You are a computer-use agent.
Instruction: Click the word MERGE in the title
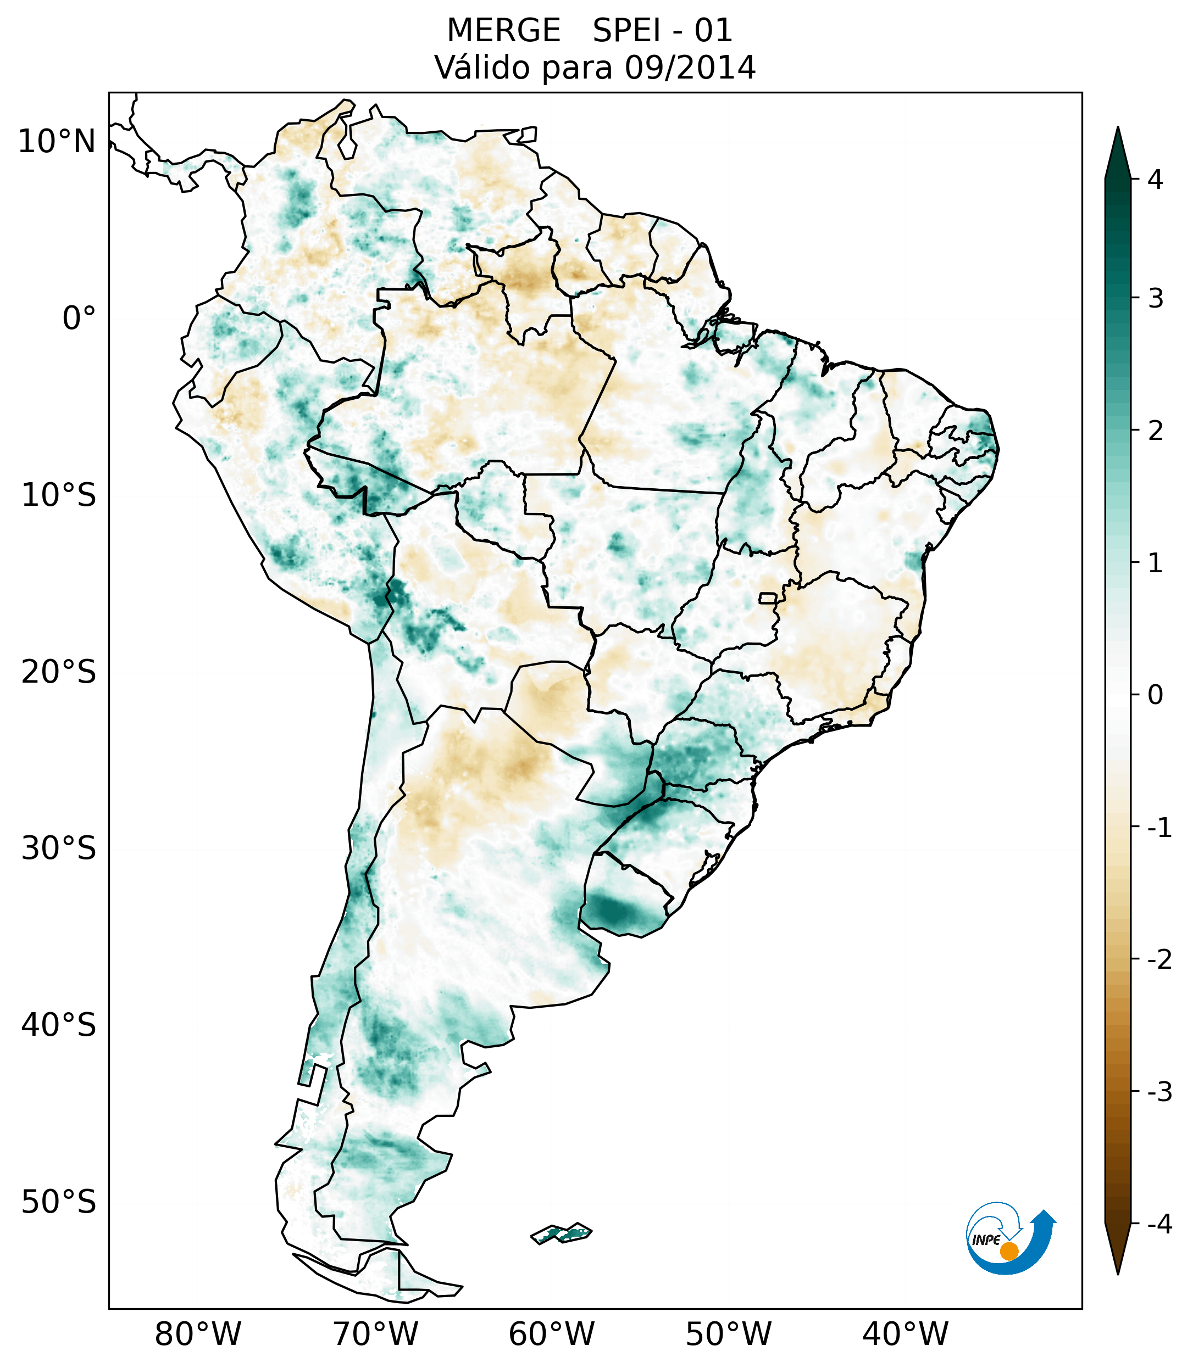click(503, 31)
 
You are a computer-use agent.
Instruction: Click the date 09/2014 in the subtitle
click(690, 68)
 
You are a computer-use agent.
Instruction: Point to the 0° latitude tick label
click(79, 319)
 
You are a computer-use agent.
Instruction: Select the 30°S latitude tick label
click(59, 848)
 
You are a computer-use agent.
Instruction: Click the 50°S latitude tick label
click(59, 1203)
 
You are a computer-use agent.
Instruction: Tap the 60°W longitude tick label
click(551, 1335)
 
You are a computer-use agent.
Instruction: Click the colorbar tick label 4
click(1155, 180)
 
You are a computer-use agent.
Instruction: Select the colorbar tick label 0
click(1155, 695)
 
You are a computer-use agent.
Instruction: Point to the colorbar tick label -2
click(1159, 960)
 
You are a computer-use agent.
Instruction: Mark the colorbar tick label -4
click(1159, 1224)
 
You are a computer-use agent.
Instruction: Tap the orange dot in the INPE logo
click(1008, 1250)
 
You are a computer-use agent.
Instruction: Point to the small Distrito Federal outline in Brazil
click(768, 598)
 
